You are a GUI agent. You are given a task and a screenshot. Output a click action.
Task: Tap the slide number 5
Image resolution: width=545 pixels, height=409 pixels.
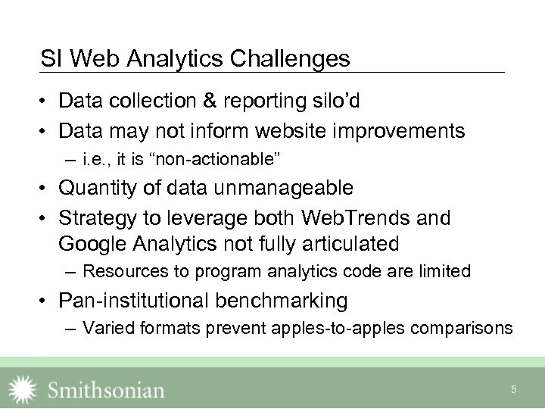[x=514, y=389]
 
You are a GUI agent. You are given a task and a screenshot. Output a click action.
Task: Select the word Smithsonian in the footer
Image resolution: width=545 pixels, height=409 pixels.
[x=106, y=390]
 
